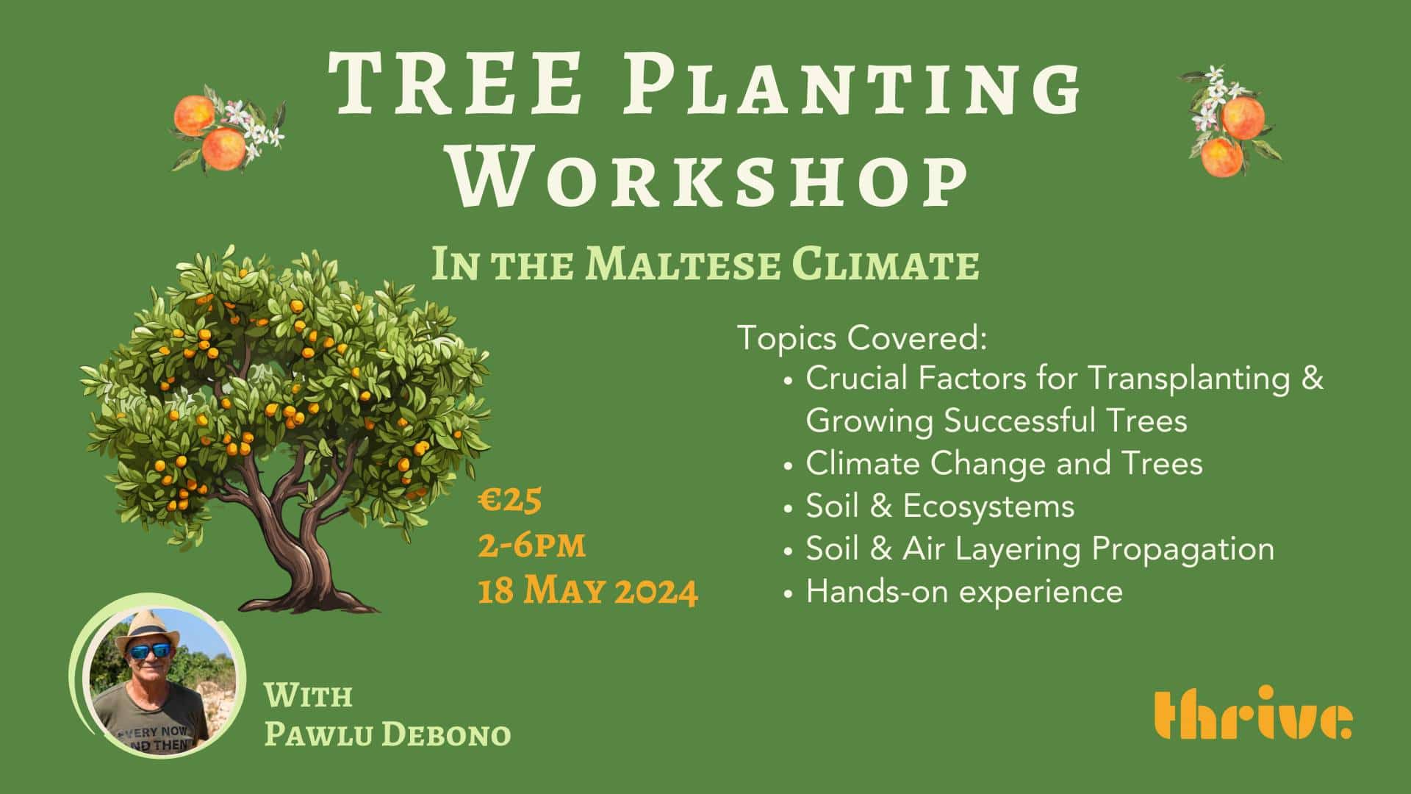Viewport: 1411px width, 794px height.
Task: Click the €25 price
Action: click(510, 501)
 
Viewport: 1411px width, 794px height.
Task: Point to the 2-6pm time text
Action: click(531, 546)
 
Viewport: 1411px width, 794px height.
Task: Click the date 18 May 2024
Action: click(587, 591)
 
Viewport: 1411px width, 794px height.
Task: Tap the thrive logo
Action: click(1252, 715)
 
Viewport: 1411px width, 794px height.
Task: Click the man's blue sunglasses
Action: click(150, 651)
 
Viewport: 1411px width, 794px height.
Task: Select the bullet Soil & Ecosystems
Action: click(939, 507)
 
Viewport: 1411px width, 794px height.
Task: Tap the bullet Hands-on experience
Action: click(963, 592)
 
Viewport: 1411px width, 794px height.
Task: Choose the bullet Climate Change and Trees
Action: click(1003, 464)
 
